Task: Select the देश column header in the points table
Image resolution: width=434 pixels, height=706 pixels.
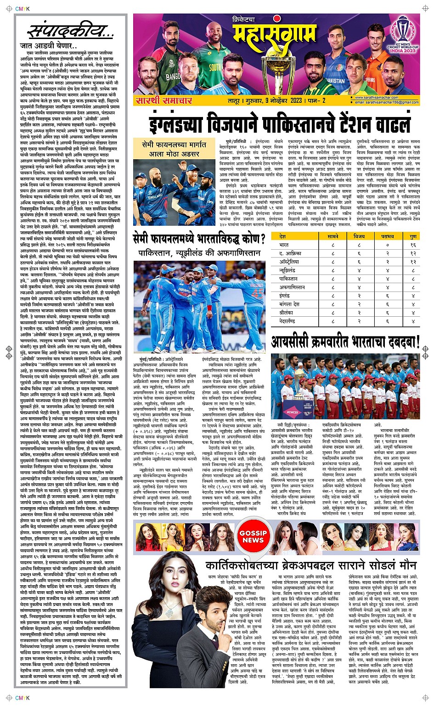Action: (282, 236)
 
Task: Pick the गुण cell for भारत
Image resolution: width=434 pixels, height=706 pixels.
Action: (413, 245)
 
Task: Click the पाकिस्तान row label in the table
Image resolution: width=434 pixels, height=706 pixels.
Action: (288, 279)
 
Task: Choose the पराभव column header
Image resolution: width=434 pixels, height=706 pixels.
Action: (387, 236)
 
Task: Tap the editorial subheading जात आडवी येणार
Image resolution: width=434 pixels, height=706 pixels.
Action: (49, 46)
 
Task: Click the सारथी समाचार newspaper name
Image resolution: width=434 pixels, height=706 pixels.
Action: (160, 100)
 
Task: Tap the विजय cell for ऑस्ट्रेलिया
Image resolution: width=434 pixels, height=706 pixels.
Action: (359, 262)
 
